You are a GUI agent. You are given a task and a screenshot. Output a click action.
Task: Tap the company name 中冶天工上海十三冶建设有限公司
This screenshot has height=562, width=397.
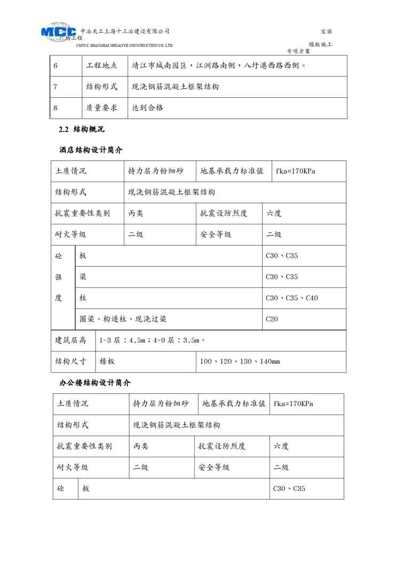coord(124,31)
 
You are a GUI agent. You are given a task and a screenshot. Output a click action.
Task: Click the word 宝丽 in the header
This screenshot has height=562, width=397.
coord(326,32)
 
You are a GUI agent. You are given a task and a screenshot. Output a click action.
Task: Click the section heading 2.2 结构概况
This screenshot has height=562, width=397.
coord(82,129)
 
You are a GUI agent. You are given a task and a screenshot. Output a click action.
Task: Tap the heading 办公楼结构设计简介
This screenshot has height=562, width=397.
coord(95,383)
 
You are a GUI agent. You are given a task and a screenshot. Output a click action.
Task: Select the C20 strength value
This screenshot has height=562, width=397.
coord(272,319)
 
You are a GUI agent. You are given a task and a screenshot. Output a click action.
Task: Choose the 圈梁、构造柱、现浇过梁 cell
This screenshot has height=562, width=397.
coord(123,319)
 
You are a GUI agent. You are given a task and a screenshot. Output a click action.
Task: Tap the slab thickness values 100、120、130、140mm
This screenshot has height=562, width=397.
coord(240,362)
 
